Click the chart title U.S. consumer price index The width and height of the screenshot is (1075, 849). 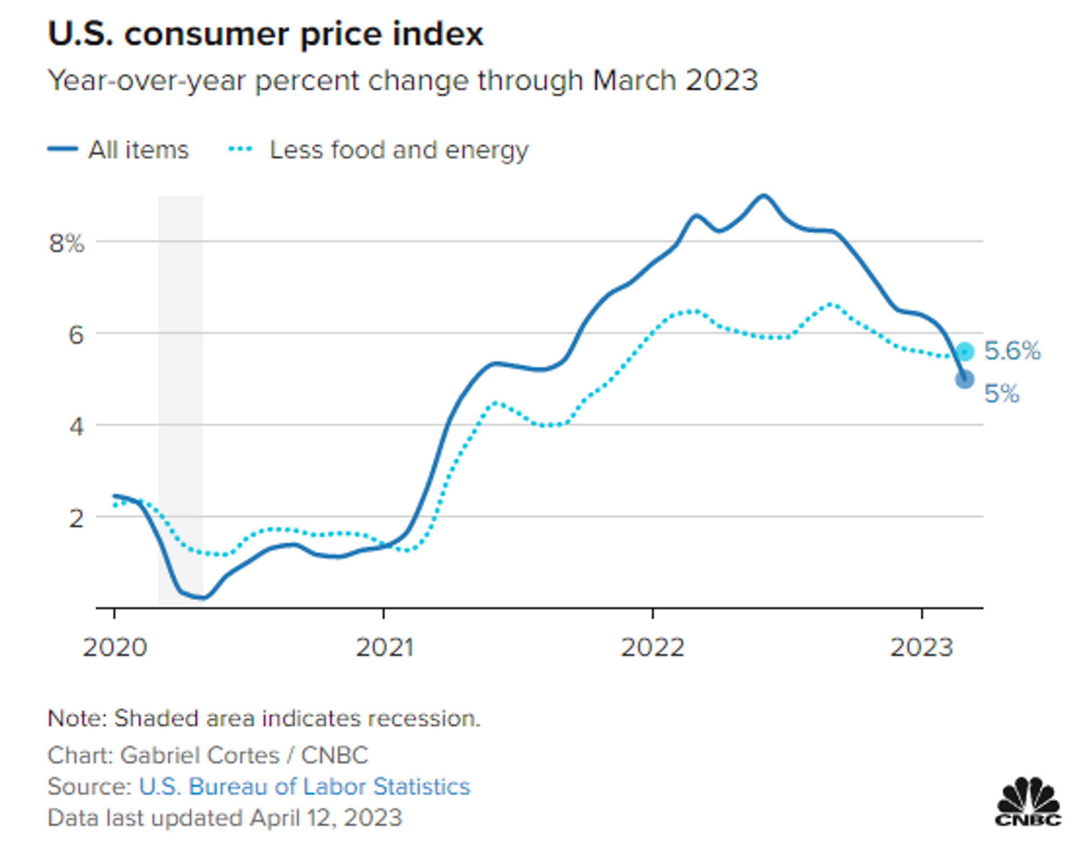point(266,34)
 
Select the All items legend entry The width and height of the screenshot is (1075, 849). point(118,149)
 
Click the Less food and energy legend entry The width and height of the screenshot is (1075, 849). point(378,150)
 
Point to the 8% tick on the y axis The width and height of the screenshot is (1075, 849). point(67,243)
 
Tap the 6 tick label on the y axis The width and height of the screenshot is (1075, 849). point(76,335)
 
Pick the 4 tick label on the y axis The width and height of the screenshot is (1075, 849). point(76,427)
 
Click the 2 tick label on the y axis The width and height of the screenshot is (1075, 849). point(76,518)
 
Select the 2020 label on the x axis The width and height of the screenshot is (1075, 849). point(114,647)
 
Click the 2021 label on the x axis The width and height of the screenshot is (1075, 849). point(384,647)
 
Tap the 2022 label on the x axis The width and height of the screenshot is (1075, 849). point(653,647)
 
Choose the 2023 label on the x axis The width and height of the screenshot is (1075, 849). point(922,647)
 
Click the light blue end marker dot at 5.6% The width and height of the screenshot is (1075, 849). point(965,352)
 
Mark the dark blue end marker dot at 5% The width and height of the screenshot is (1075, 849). point(965,380)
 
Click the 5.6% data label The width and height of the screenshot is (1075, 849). point(1012,351)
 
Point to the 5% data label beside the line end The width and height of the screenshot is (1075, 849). point(1001,394)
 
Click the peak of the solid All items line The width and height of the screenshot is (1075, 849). point(763,196)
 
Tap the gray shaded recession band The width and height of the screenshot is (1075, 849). point(181,401)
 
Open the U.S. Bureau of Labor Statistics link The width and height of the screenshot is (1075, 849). point(305,787)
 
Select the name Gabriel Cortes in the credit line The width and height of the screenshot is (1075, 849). point(200,755)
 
